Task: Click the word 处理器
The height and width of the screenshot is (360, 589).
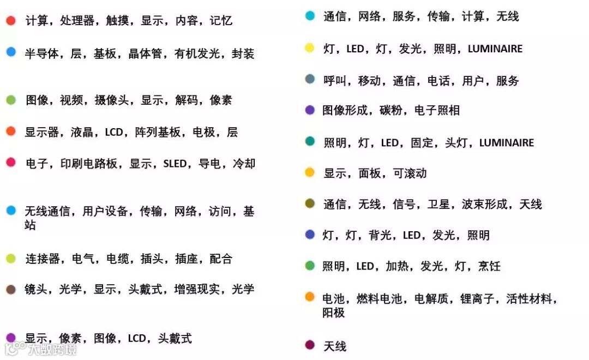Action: coord(77,21)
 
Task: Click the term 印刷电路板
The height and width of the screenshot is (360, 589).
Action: coord(89,164)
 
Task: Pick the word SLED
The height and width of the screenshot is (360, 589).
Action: coord(175,164)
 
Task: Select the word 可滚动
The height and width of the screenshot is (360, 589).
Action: coord(410,173)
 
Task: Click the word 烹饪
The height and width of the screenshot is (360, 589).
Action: coord(489,266)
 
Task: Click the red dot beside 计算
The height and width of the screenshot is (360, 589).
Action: coord(11,21)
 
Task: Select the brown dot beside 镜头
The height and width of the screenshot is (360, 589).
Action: coord(11,289)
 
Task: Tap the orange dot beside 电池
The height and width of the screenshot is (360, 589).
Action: coord(310,297)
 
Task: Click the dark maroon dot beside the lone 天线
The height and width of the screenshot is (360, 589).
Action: coord(310,345)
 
